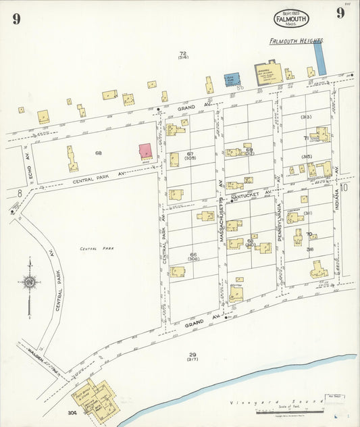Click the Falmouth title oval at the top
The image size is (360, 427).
(290, 18)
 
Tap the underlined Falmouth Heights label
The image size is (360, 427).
(296, 41)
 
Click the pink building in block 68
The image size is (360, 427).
(145, 151)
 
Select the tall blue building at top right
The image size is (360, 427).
(320, 57)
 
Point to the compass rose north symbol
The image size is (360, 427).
(29, 282)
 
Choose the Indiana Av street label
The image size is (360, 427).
(337, 201)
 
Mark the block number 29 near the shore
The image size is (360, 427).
(192, 354)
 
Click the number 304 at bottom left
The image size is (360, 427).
(72, 411)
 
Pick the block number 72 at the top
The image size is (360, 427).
(182, 53)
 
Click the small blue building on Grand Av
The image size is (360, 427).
(232, 80)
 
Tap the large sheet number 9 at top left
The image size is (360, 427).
(16, 19)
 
